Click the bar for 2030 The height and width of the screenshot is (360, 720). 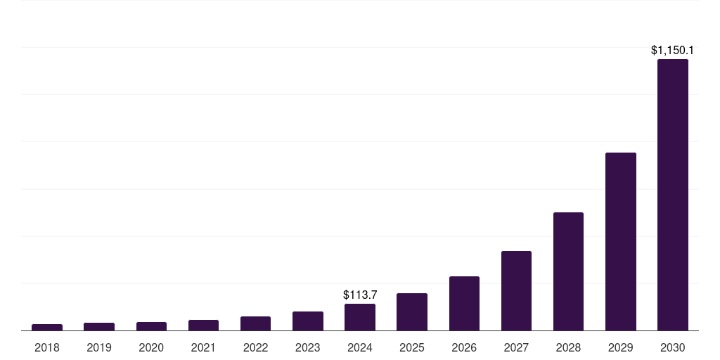click(672, 195)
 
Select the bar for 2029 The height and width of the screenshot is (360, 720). click(620, 242)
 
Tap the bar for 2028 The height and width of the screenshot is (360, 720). click(568, 271)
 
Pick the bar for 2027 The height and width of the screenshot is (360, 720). click(516, 291)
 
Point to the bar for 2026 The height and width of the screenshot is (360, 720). click(464, 304)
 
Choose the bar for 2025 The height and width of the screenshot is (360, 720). click(412, 312)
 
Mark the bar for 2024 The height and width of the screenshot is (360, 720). click(360, 317)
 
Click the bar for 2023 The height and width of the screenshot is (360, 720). click(308, 321)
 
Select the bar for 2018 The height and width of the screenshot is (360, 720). click(47, 327)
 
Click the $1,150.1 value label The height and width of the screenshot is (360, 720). click(672, 51)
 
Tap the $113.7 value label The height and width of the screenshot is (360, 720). click(360, 295)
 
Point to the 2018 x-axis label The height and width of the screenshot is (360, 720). click(47, 347)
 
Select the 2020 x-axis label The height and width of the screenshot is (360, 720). click(151, 347)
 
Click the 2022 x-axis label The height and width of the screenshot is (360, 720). click(255, 347)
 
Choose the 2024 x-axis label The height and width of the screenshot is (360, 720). click(360, 347)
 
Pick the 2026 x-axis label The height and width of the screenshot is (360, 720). click(464, 347)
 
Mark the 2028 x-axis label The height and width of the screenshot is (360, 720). click(568, 347)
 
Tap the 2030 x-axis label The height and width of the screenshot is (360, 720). click(672, 347)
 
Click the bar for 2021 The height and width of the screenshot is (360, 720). click(203, 326)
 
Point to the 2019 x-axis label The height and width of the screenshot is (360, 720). click(99, 347)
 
